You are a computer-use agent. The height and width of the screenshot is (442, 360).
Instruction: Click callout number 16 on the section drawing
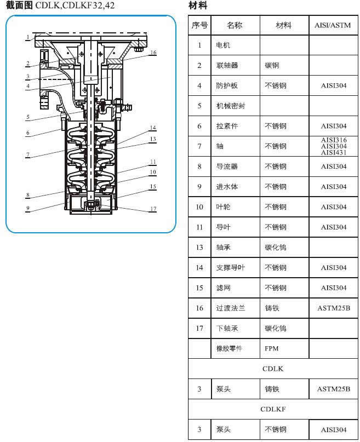(153, 53)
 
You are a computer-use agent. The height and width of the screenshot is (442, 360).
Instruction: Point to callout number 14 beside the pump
(153, 128)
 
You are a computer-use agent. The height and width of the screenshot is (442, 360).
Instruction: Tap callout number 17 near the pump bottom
(153, 209)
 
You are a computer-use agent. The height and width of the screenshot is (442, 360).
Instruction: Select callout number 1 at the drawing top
(28, 37)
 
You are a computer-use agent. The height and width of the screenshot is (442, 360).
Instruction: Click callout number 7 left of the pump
(27, 154)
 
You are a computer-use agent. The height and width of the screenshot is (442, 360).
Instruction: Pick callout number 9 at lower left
(27, 208)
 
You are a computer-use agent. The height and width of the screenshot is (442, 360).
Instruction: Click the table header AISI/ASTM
(333, 25)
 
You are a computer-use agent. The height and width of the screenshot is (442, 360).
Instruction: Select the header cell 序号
(199, 25)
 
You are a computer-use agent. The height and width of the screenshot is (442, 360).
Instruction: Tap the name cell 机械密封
(231, 106)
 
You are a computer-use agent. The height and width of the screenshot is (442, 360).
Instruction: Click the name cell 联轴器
(227, 66)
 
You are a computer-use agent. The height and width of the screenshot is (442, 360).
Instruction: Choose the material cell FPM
(271, 349)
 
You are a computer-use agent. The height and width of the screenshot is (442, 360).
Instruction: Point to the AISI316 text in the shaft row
(334, 140)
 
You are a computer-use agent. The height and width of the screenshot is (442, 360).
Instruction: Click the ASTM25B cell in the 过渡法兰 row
(334, 308)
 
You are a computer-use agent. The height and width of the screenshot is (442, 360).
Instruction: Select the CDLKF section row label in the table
(273, 409)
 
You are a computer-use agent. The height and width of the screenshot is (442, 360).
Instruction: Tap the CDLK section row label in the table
(273, 369)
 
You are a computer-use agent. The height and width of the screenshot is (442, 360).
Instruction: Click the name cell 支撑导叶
(231, 268)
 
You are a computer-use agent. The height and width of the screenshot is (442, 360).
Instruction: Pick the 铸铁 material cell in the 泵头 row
(272, 389)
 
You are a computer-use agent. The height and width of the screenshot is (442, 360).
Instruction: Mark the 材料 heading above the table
(198, 5)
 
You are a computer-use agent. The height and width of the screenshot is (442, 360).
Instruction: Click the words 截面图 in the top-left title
(19, 5)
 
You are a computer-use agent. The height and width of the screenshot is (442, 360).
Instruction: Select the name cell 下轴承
(227, 329)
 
